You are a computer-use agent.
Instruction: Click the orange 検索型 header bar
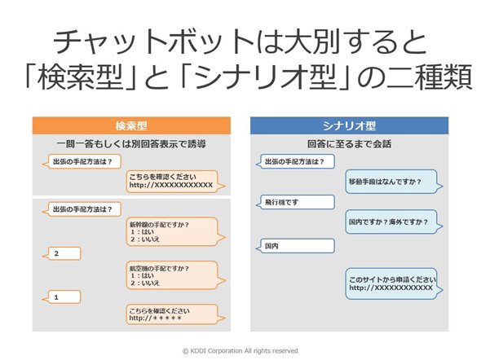[131, 125]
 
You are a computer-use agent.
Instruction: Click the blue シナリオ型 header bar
[349, 125]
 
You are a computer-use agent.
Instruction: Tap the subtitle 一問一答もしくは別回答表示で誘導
[131, 144]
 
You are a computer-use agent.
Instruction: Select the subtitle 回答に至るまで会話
[349, 144]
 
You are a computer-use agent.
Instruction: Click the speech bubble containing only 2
[62, 253]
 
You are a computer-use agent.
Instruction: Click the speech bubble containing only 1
[62, 297]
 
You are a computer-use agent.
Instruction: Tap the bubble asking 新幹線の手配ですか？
[175, 232]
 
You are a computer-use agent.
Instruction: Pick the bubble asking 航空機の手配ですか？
[175, 275]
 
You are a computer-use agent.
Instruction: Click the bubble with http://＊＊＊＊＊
[175, 314]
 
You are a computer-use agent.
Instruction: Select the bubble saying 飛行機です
[295, 202]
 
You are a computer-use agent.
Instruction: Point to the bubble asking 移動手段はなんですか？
[394, 182]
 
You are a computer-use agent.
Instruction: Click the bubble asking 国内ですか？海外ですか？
[394, 222]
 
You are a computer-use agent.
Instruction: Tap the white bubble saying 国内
[295, 246]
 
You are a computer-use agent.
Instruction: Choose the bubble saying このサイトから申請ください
[394, 283]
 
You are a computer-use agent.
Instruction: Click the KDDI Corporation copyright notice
[240, 351]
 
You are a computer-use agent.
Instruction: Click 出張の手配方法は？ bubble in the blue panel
[295, 161]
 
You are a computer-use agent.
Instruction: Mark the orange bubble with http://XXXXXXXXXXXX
[175, 182]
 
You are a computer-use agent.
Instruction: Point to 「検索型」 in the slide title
[82, 77]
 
